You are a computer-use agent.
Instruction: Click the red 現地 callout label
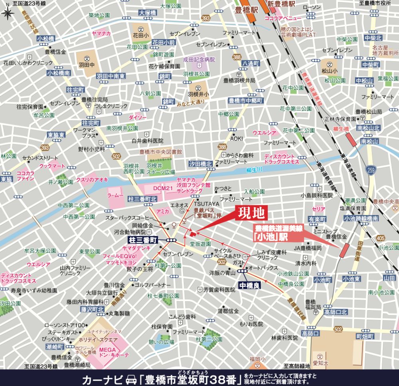[x=251, y=213]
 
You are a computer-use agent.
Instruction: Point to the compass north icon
[x=7, y=13]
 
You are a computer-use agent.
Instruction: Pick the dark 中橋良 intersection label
[x=251, y=285]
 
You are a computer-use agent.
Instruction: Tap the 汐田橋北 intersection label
[x=200, y=164]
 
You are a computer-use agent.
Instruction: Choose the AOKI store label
[x=236, y=138]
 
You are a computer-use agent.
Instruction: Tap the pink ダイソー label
[x=138, y=117]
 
